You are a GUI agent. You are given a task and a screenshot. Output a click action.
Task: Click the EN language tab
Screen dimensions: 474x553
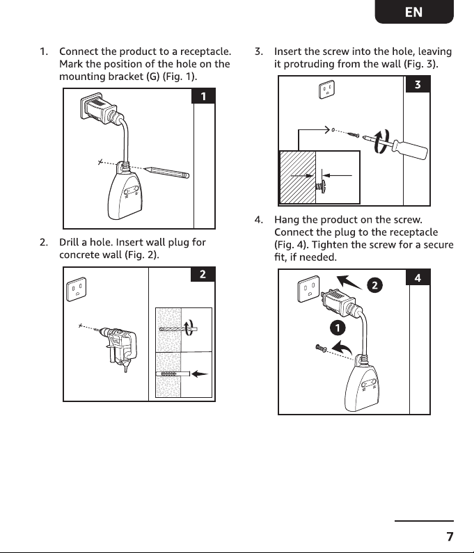pos(414,12)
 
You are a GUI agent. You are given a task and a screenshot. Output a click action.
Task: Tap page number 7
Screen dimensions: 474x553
pos(450,536)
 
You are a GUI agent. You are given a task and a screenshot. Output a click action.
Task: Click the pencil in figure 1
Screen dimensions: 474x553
pos(166,172)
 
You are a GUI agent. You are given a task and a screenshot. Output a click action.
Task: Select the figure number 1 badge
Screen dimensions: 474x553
pos(203,96)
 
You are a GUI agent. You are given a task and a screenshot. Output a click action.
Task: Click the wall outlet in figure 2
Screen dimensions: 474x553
pos(77,289)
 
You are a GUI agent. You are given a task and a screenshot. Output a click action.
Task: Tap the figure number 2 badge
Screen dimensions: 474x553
pos(203,274)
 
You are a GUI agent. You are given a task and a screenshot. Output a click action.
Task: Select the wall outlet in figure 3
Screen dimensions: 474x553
pos(327,89)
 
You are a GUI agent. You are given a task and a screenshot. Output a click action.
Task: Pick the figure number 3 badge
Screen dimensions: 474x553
pos(418,84)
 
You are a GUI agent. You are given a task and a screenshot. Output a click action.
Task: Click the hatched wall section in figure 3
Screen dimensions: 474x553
pos(297,177)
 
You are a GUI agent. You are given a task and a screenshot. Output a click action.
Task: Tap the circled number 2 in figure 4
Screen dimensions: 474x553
pos(375,285)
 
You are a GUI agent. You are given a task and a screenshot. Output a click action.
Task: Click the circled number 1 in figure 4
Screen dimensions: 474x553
pos(338,328)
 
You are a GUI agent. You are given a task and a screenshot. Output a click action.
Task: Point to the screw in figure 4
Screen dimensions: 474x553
pos(321,348)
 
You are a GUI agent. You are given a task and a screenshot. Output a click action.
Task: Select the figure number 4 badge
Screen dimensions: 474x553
pos(418,278)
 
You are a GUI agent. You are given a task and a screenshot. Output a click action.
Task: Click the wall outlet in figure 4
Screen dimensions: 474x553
pos(309,289)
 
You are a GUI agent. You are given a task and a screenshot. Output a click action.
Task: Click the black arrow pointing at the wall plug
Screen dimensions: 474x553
pos(200,374)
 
